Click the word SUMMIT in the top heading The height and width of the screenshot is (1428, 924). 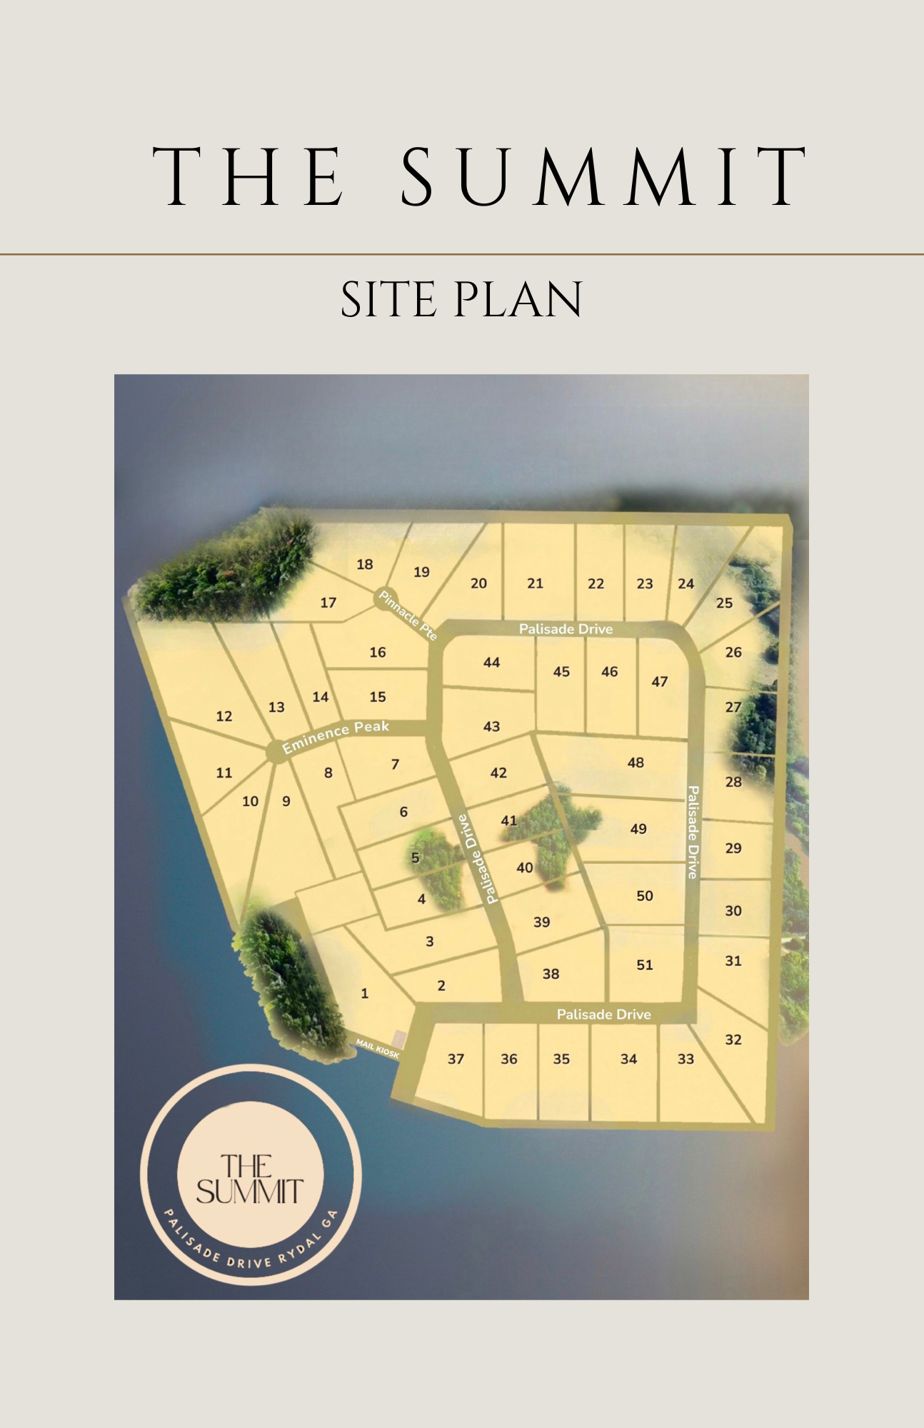tap(603, 176)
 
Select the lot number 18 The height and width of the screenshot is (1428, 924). tap(365, 565)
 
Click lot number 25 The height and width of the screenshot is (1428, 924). tap(724, 603)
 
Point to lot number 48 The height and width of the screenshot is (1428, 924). tap(636, 763)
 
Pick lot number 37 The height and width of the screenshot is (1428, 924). tap(456, 1059)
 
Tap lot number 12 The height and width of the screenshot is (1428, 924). tap(224, 716)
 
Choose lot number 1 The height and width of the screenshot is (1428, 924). tap(365, 993)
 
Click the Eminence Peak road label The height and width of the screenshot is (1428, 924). tap(336, 736)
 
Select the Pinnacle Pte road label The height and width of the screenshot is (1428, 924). tap(408, 615)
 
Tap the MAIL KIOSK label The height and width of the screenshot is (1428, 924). tap(377, 1049)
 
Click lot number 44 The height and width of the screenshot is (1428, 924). tap(491, 663)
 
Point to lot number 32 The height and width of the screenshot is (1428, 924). tap(733, 1040)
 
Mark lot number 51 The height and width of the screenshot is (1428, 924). tap(645, 965)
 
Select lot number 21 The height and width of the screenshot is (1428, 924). tap(536, 583)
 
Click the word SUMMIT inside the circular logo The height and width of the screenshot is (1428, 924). tap(250, 1192)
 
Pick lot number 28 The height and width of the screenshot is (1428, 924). tap(733, 782)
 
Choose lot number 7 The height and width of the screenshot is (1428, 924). tap(395, 765)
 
